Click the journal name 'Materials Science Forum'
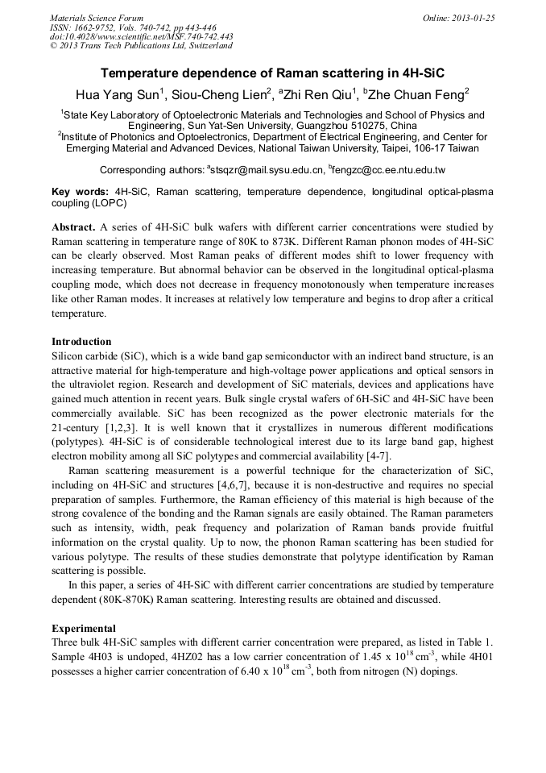(97, 18)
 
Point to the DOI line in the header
(141, 36)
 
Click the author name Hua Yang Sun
(118, 94)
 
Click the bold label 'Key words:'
(80, 193)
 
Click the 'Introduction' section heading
(81, 342)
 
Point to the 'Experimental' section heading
(84, 628)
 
